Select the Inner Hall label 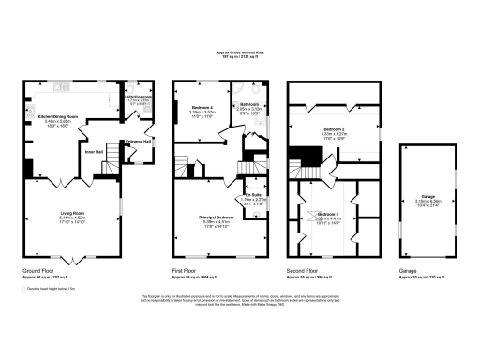(94, 152)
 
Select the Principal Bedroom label (215, 221)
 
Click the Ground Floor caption (37, 273)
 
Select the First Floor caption (186, 273)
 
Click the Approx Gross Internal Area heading (240, 53)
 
